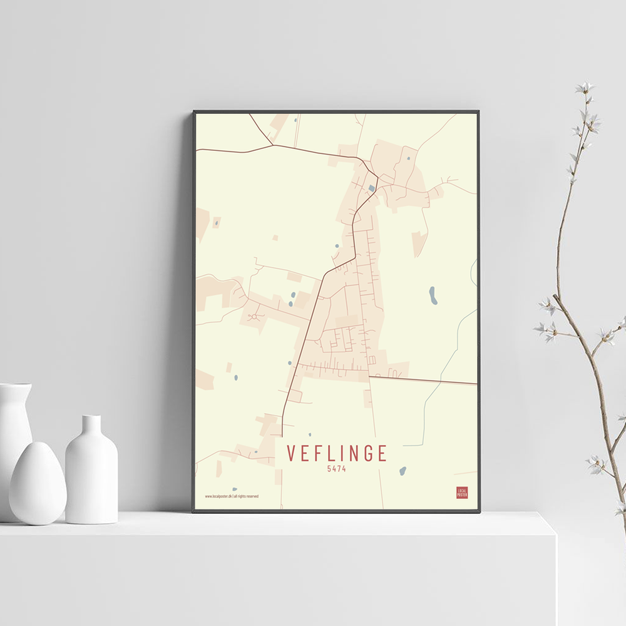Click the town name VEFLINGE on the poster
[337, 454]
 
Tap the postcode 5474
[337, 468]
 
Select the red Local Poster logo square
[462, 493]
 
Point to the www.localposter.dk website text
[218, 496]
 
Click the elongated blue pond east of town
[433, 295]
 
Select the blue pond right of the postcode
[403, 471]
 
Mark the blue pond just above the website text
[235, 489]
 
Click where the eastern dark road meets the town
[370, 377]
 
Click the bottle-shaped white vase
[91, 473]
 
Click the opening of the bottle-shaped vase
[91, 418]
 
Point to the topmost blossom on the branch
[585, 88]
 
